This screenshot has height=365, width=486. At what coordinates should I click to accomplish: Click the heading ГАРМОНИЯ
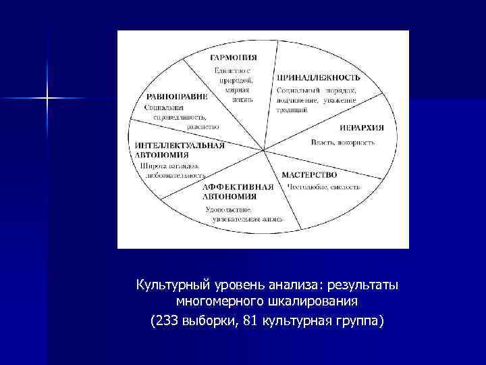click(233, 57)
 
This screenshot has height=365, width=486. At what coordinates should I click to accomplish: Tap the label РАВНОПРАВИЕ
click(176, 96)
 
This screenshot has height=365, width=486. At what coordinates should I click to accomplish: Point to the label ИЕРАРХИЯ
click(360, 126)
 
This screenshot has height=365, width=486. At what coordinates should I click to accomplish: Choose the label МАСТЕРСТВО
click(309, 174)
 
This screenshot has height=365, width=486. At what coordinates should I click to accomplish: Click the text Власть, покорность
click(342, 142)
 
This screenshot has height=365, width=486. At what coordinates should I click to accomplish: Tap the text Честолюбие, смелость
click(324, 187)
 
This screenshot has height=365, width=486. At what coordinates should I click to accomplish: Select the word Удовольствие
click(229, 209)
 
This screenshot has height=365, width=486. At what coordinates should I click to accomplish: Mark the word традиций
click(292, 109)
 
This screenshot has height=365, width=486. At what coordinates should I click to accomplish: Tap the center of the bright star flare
click(48, 99)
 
